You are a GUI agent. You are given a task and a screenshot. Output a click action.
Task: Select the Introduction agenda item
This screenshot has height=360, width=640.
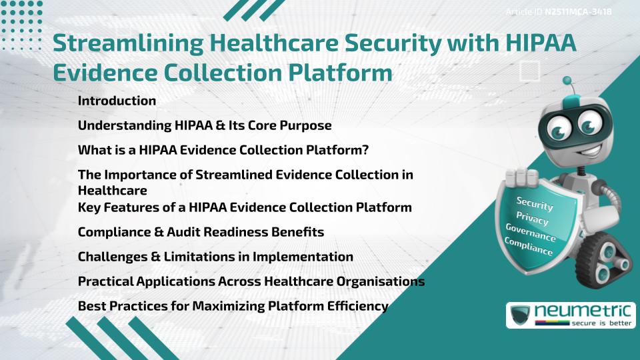point(117,101)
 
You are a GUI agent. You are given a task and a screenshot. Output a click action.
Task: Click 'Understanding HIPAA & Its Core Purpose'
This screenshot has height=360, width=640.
point(205,125)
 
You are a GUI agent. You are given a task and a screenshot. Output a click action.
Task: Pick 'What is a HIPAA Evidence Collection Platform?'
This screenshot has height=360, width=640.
point(223,150)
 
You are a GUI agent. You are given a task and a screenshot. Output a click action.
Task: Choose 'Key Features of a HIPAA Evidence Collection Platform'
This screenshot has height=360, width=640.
point(245,207)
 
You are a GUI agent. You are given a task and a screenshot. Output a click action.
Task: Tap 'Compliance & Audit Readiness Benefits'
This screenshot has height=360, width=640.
point(201,232)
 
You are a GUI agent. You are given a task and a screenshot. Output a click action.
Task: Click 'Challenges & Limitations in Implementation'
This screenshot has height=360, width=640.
point(215,257)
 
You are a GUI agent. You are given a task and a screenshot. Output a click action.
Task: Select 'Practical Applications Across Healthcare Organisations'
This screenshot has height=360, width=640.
point(251,281)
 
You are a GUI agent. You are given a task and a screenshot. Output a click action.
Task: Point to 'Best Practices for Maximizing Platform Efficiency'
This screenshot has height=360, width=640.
point(233,306)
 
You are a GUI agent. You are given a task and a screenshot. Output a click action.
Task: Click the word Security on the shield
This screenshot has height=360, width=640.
point(535,204)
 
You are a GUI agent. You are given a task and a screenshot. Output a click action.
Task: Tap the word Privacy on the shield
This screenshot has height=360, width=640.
point(533,218)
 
